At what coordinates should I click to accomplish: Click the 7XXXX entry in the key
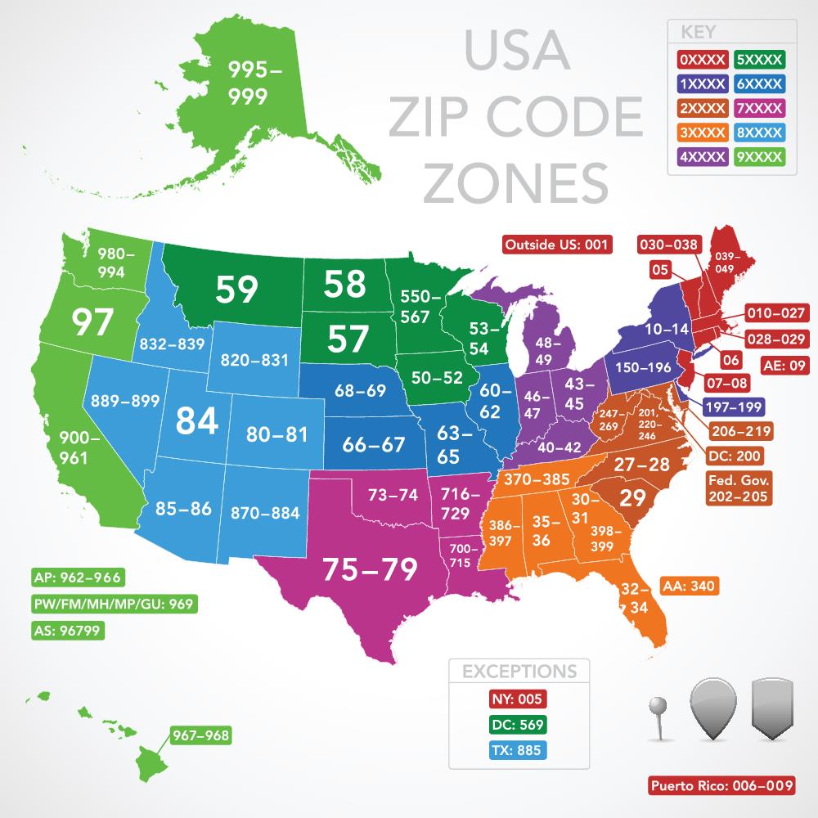(x=761, y=107)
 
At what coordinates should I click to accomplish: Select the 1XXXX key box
(x=703, y=83)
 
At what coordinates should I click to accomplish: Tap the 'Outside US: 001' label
(x=557, y=244)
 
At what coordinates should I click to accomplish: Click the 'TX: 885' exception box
(x=518, y=750)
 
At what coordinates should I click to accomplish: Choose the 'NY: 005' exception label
(x=518, y=699)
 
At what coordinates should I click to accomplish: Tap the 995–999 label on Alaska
(x=254, y=83)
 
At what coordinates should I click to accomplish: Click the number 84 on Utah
(x=198, y=420)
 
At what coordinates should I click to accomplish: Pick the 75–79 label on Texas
(x=371, y=569)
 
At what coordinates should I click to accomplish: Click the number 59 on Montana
(x=236, y=288)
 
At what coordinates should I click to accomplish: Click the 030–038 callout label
(x=669, y=244)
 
